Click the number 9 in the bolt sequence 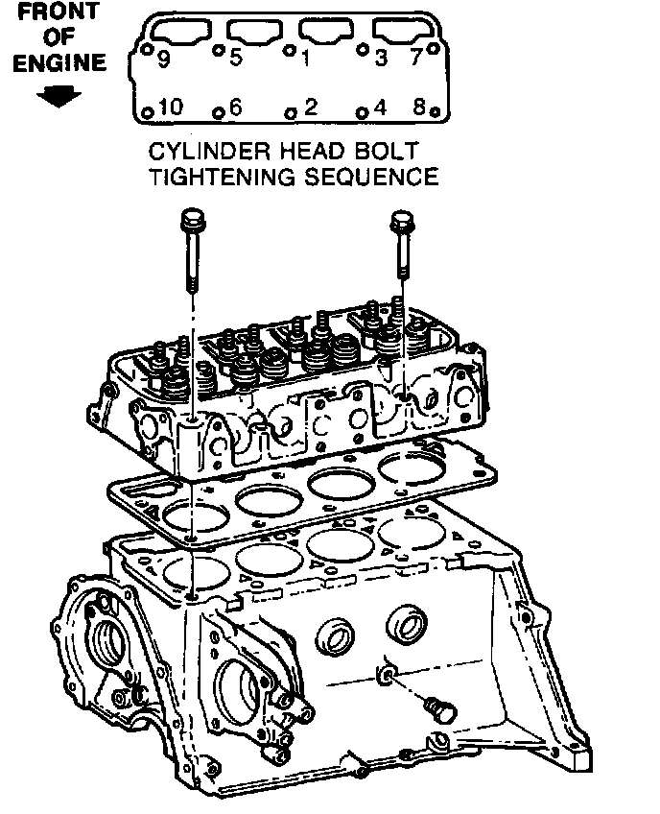pos(164,60)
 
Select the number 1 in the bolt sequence pos(305,60)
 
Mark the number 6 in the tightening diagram pos(236,108)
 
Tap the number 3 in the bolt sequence pos(381,60)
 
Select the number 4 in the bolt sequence pos(381,108)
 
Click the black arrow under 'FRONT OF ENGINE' pos(60,97)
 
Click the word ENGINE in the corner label pos(59,64)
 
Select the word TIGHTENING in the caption pos(217,178)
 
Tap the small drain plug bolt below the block pos(444,711)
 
